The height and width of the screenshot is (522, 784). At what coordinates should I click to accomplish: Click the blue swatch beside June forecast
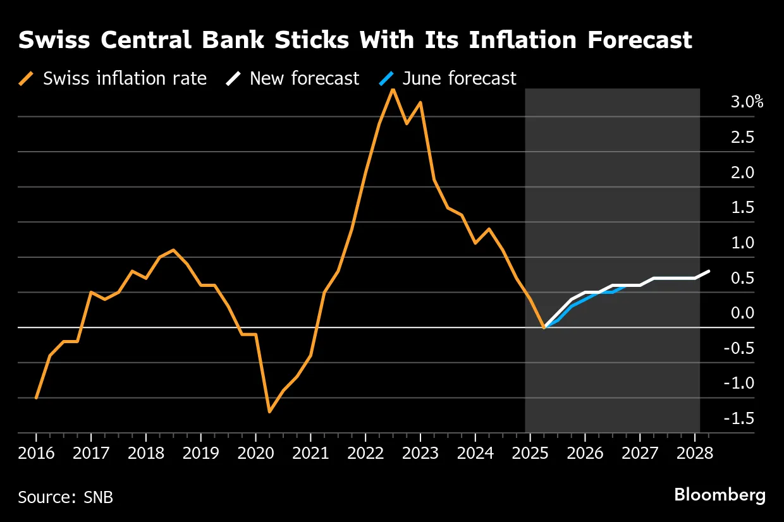(x=387, y=78)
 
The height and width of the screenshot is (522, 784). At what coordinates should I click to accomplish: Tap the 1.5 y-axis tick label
(x=742, y=207)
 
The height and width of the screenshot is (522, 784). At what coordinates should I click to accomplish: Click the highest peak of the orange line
(x=393, y=89)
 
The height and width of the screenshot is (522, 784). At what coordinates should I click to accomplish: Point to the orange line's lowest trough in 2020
(x=269, y=412)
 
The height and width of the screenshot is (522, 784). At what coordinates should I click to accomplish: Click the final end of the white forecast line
(x=709, y=271)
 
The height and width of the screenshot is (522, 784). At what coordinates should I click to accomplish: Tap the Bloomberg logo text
(x=720, y=495)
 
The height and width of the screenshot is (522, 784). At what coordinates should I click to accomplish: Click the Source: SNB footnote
(x=66, y=497)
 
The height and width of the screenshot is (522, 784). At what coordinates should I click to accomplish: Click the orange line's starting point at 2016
(x=36, y=398)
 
